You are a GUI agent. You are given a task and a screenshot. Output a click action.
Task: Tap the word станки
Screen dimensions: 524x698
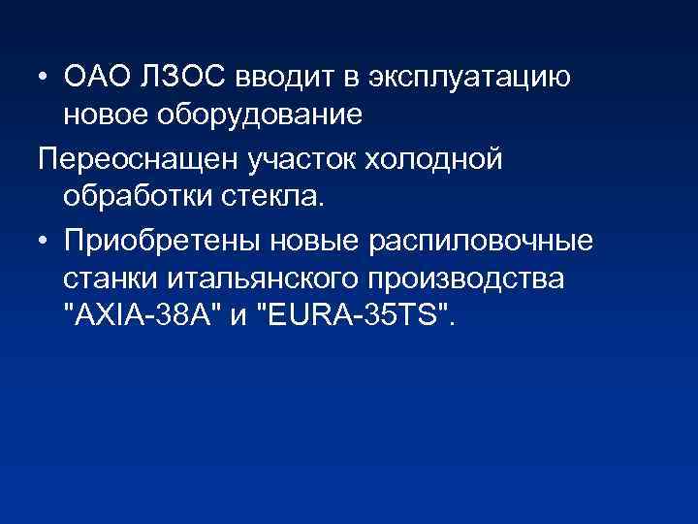pyautogui.click(x=111, y=278)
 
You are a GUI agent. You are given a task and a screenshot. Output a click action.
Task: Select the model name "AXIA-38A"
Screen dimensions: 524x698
pyautogui.click(x=142, y=315)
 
